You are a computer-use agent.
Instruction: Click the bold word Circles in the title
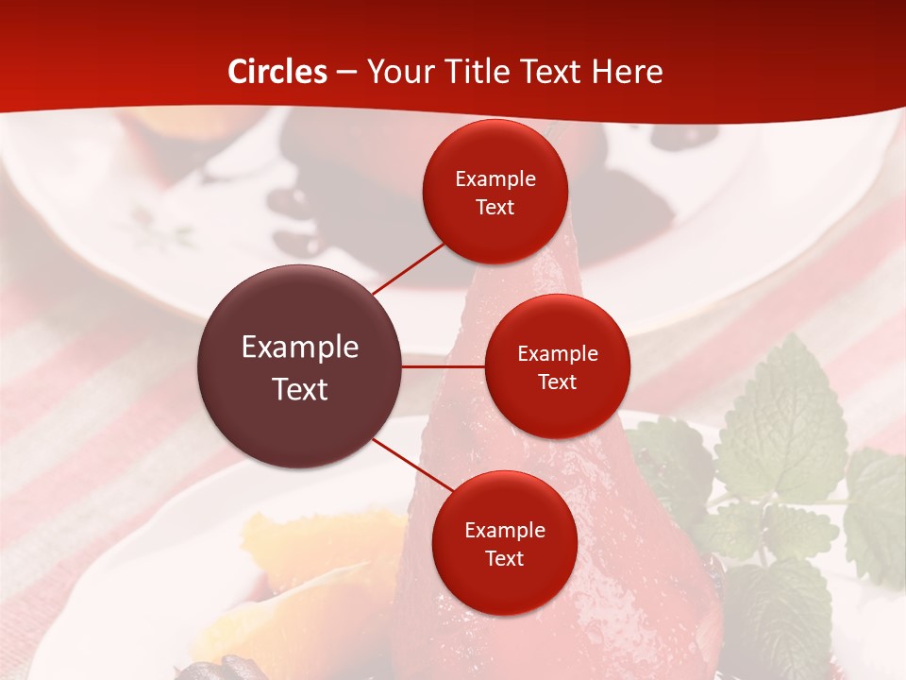pyautogui.click(x=277, y=72)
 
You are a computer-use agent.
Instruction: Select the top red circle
pyautogui.click(x=495, y=193)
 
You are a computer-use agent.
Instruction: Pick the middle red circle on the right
pyautogui.click(x=557, y=366)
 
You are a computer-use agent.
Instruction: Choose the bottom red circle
pyautogui.click(x=504, y=544)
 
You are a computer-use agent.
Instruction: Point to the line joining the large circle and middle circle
pyautogui.click(x=444, y=366)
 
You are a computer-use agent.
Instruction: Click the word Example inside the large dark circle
pyautogui.click(x=300, y=348)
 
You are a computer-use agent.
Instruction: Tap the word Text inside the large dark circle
pyautogui.click(x=300, y=389)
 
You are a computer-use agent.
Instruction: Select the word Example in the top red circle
pyautogui.click(x=495, y=179)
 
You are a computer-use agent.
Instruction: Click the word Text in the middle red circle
pyautogui.click(x=557, y=382)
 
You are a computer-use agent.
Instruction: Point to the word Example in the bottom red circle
pyautogui.click(x=504, y=531)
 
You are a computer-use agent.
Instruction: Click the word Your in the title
pyautogui.click(x=396, y=72)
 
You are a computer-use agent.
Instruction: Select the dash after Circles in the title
pyautogui.click(x=346, y=72)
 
